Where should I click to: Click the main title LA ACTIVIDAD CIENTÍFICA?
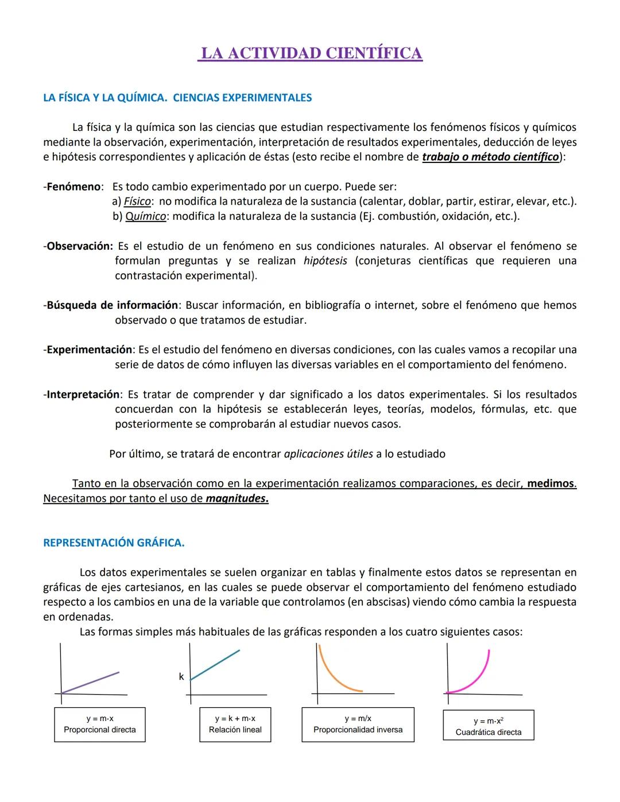(x=310, y=53)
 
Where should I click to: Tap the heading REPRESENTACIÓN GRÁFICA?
(x=114, y=543)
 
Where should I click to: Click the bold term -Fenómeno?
(x=73, y=187)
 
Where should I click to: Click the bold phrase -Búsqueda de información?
(x=111, y=305)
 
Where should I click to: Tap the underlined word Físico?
(x=137, y=202)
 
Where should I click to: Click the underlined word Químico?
(x=146, y=216)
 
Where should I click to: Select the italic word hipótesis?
(x=325, y=261)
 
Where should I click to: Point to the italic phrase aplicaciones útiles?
(x=328, y=454)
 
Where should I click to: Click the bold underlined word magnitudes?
(x=237, y=498)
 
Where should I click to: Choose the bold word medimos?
(x=551, y=483)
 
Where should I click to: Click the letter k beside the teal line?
(x=181, y=677)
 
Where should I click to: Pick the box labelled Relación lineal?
(x=235, y=724)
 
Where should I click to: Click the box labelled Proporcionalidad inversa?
(x=358, y=724)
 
